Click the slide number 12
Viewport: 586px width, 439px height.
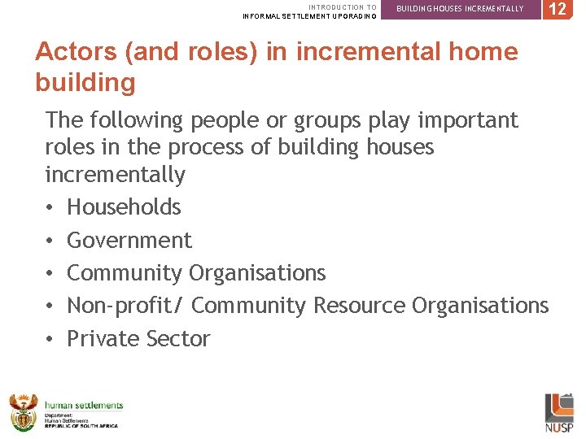557,10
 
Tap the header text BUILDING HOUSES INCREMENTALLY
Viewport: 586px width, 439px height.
460,9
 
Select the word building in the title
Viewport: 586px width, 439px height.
85,83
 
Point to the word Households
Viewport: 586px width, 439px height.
124,207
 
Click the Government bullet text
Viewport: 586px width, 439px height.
129,241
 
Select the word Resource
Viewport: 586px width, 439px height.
359,306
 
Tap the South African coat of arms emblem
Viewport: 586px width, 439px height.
23,411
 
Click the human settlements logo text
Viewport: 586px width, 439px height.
84,405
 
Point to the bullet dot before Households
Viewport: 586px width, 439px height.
50,208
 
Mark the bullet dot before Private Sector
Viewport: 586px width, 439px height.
50,340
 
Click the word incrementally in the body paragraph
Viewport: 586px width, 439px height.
115,175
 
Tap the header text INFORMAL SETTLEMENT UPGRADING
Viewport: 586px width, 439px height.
310,16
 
